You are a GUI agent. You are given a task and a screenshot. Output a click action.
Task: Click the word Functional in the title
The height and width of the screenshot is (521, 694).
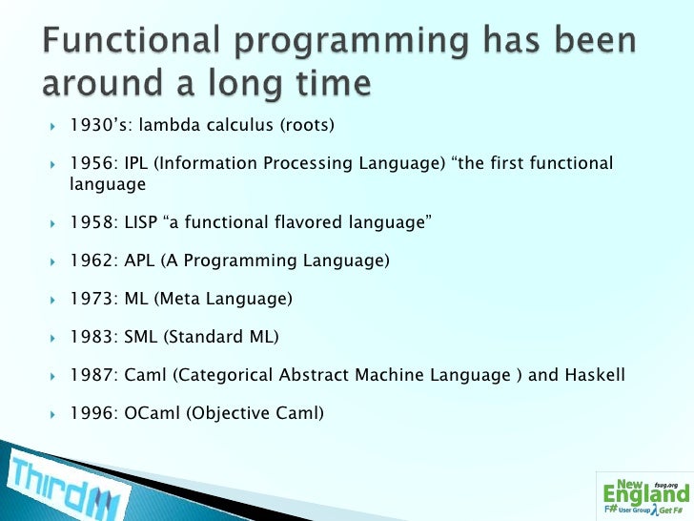131,40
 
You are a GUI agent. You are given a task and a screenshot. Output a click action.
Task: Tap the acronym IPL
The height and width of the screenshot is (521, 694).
136,162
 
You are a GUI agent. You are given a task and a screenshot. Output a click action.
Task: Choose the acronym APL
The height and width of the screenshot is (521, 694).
139,260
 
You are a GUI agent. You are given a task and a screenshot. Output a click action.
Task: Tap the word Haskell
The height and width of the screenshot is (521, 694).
595,374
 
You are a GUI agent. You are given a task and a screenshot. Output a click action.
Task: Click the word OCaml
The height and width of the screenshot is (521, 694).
153,412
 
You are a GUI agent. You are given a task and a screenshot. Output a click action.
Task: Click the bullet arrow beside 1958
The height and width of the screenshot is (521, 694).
52,223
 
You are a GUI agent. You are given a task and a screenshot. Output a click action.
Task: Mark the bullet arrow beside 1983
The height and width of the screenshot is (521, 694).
52,338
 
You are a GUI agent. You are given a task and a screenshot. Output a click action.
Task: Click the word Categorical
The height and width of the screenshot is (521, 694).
223,375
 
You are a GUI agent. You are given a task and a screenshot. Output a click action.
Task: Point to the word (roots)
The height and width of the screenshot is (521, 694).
307,125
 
